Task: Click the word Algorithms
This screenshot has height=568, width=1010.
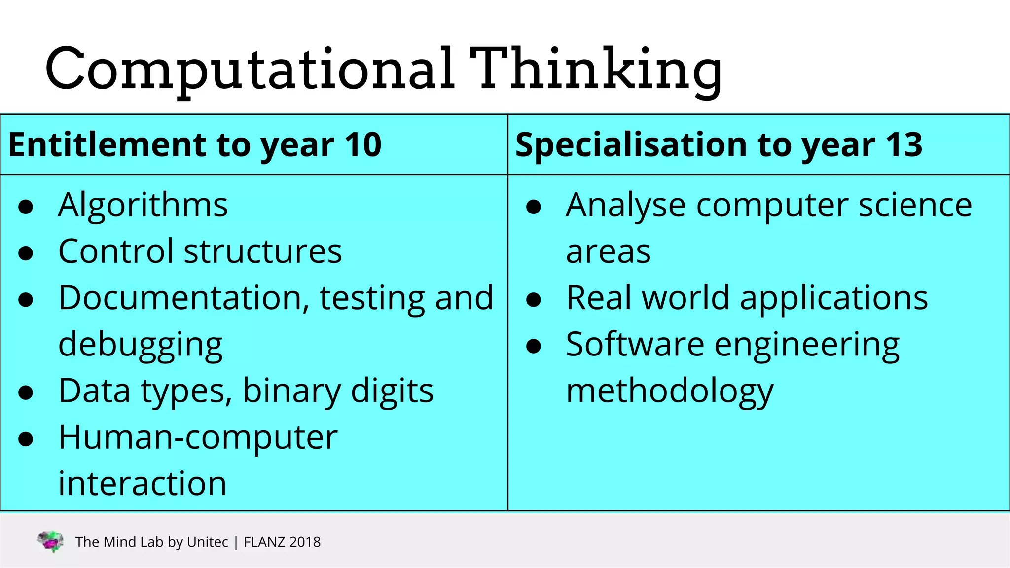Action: (x=143, y=205)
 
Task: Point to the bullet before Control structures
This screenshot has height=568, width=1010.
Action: (x=25, y=253)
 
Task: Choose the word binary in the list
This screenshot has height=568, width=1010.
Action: (x=291, y=391)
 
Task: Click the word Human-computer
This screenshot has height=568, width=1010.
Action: (x=198, y=437)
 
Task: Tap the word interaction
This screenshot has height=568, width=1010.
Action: (x=143, y=484)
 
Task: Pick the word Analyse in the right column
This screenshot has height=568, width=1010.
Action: (x=625, y=205)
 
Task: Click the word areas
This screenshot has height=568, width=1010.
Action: (x=608, y=252)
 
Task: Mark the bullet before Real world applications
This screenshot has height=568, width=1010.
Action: (x=534, y=299)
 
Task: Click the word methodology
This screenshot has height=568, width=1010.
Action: (x=670, y=391)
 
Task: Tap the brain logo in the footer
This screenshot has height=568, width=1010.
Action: (x=50, y=541)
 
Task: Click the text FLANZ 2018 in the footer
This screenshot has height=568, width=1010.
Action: (x=282, y=542)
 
